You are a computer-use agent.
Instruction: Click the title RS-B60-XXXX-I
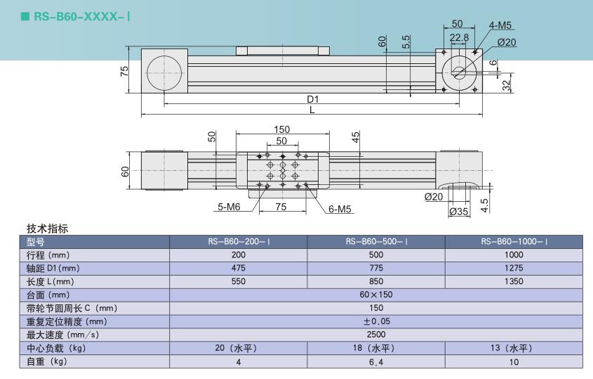(82, 16)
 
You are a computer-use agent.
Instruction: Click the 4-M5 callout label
(500, 25)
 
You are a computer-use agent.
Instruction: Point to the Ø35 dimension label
(459, 212)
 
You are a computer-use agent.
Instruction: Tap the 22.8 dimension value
(459, 37)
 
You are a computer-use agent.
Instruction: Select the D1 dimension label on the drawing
(313, 99)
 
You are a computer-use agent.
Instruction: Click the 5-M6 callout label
(229, 207)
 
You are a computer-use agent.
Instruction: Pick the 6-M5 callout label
(340, 209)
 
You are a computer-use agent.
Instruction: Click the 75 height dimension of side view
(124, 71)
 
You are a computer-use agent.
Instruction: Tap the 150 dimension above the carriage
(281, 129)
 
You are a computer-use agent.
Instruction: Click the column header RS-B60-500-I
(376, 241)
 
